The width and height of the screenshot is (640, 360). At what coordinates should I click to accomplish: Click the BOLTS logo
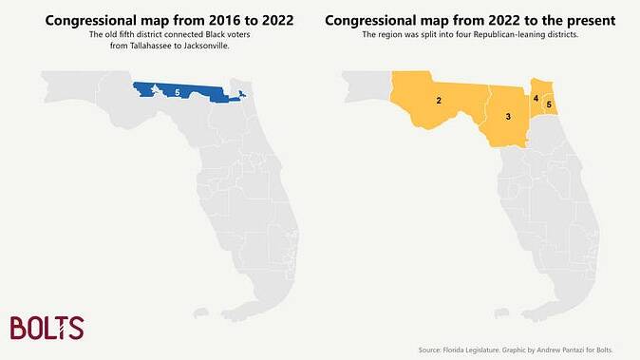[47, 328]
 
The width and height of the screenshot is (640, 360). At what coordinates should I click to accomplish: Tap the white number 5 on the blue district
[178, 93]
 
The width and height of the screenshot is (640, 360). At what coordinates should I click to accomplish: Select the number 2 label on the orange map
[439, 101]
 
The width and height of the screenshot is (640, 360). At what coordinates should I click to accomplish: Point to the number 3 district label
[508, 117]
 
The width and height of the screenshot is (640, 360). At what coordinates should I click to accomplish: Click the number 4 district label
[536, 99]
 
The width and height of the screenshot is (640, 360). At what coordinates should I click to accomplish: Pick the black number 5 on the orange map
[549, 104]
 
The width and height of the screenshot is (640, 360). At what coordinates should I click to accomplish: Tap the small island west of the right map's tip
[501, 313]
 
